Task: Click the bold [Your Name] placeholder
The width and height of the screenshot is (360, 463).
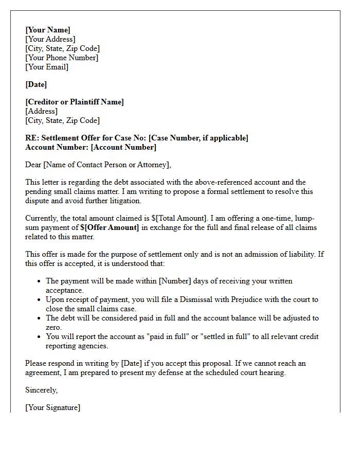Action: (48, 30)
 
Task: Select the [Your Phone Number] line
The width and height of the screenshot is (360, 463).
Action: (62, 58)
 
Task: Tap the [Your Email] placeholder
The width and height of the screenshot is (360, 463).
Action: (47, 67)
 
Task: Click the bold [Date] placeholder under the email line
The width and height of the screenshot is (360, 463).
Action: (36, 84)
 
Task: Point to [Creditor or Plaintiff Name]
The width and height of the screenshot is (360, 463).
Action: (75, 102)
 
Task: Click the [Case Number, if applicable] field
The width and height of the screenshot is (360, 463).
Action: (199, 138)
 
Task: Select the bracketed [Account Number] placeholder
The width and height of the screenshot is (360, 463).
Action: (123, 147)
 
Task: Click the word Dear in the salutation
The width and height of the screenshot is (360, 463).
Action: (33, 165)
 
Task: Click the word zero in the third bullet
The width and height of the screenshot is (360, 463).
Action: (54, 327)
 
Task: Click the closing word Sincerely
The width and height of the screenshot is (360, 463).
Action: (41, 390)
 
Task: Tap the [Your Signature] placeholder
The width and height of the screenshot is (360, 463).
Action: (52, 407)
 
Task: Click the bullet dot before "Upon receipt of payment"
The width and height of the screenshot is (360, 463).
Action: (40, 299)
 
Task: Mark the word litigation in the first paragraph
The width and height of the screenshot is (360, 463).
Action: (123, 201)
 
